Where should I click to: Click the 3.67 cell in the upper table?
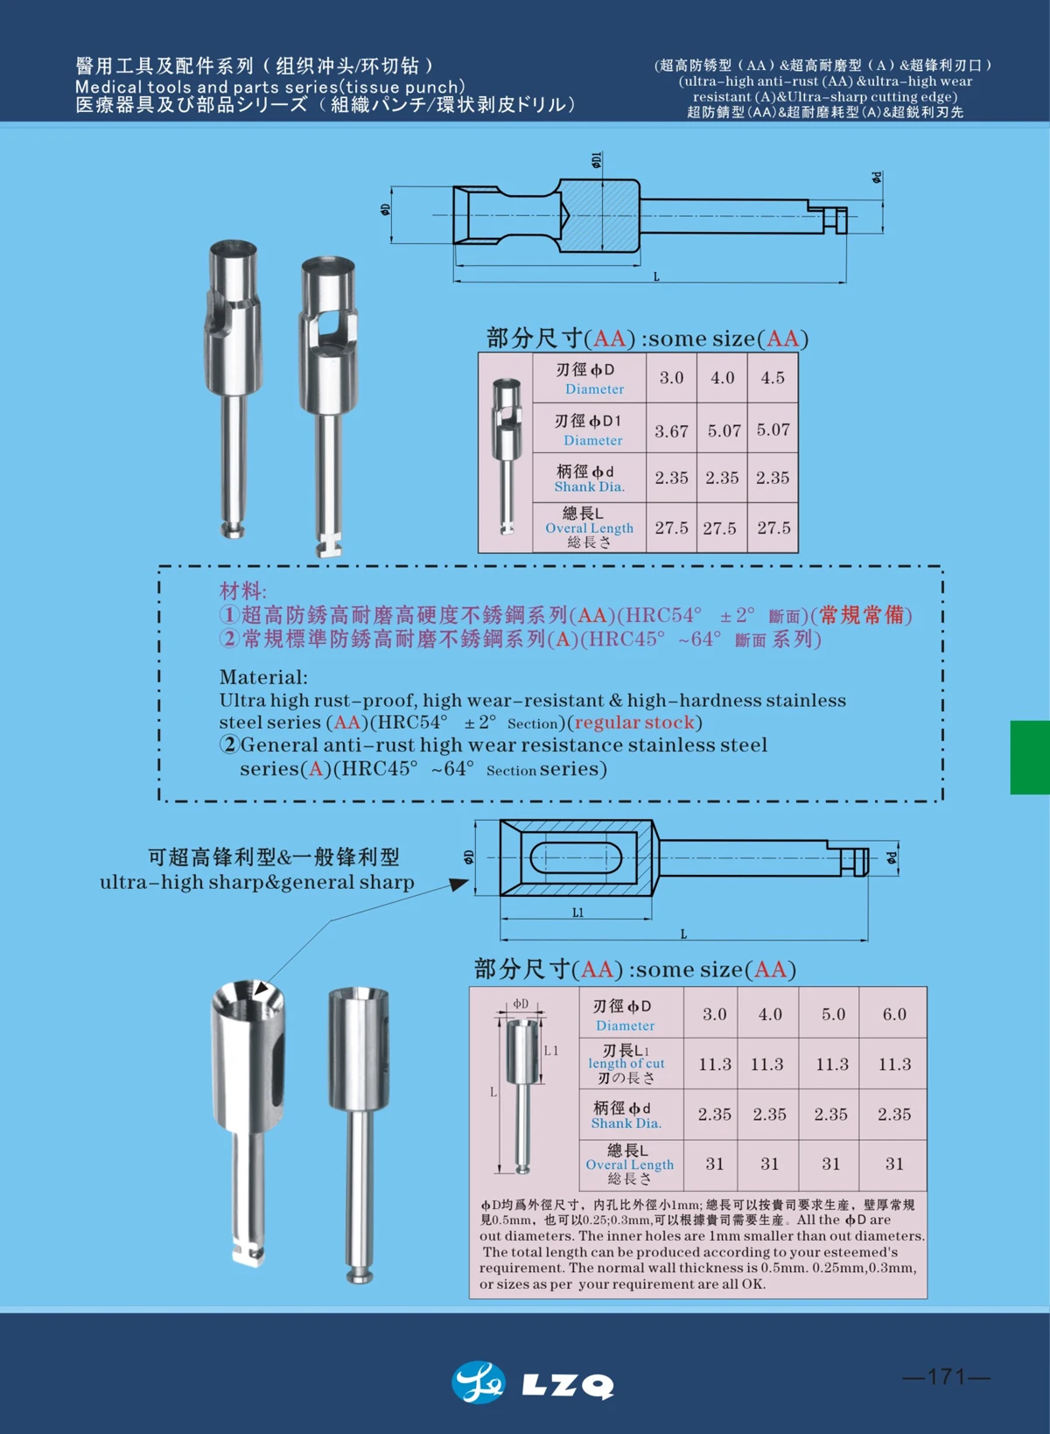point(671,430)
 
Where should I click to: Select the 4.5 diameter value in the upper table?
point(773,378)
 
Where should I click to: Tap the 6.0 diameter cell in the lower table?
point(894,1014)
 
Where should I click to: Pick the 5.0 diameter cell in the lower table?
point(833,1014)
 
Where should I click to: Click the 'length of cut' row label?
point(626,1064)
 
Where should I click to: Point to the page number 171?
point(947,1376)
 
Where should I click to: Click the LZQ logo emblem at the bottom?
point(478,1382)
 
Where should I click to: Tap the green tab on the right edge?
point(1030,757)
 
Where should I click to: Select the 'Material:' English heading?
point(263,677)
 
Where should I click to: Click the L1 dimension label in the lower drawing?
point(577,913)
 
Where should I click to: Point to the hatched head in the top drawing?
point(598,214)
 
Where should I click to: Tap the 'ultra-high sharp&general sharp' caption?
point(256,882)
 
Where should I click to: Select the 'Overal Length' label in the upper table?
point(589,528)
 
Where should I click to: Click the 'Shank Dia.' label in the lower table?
point(626,1123)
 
